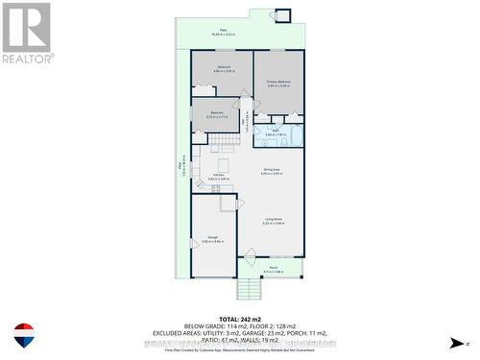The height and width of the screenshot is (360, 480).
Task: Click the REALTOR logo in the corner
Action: pos(28,33)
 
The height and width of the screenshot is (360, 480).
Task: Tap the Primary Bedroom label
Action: pos(278,84)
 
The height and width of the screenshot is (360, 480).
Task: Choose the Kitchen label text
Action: pos(219,176)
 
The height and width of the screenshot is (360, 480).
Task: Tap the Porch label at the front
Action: pos(273,269)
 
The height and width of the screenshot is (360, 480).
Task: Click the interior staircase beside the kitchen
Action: pos(225,144)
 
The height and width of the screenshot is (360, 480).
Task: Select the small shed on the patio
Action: pos(283,15)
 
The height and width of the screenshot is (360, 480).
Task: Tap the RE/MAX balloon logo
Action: pos(25,335)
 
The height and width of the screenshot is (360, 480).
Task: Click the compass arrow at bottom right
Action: pos(456,343)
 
